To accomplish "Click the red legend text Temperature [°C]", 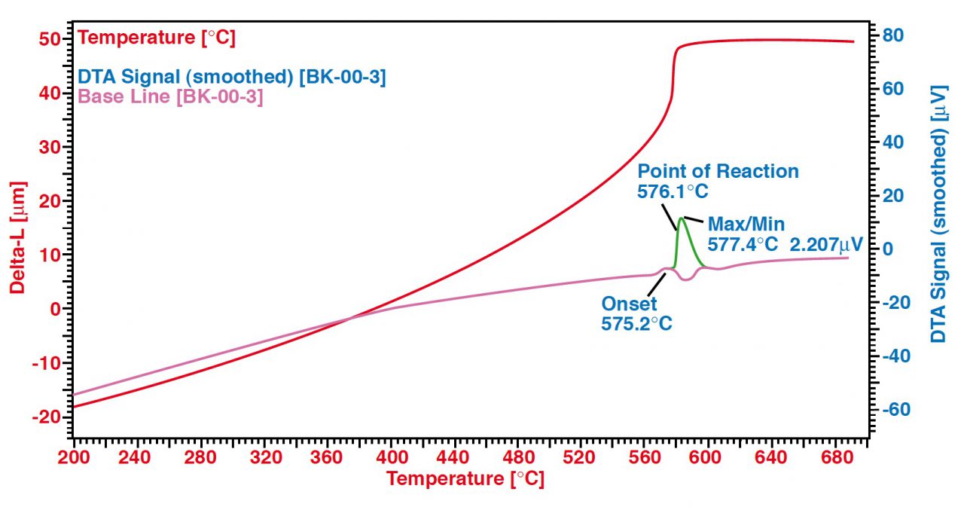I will [x=157, y=38].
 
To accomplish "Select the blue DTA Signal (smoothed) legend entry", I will [x=233, y=77].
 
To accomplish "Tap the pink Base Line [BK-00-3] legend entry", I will [x=171, y=97].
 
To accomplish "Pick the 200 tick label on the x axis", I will [x=74, y=457].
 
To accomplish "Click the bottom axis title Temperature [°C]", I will [x=465, y=478].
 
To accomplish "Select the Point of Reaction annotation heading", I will [x=718, y=172].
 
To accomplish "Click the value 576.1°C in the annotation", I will [x=673, y=191].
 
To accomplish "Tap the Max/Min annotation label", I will [x=746, y=224].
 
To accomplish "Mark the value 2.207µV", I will [x=825, y=244].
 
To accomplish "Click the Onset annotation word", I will [x=629, y=304].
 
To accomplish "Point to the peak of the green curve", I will [x=681, y=218].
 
